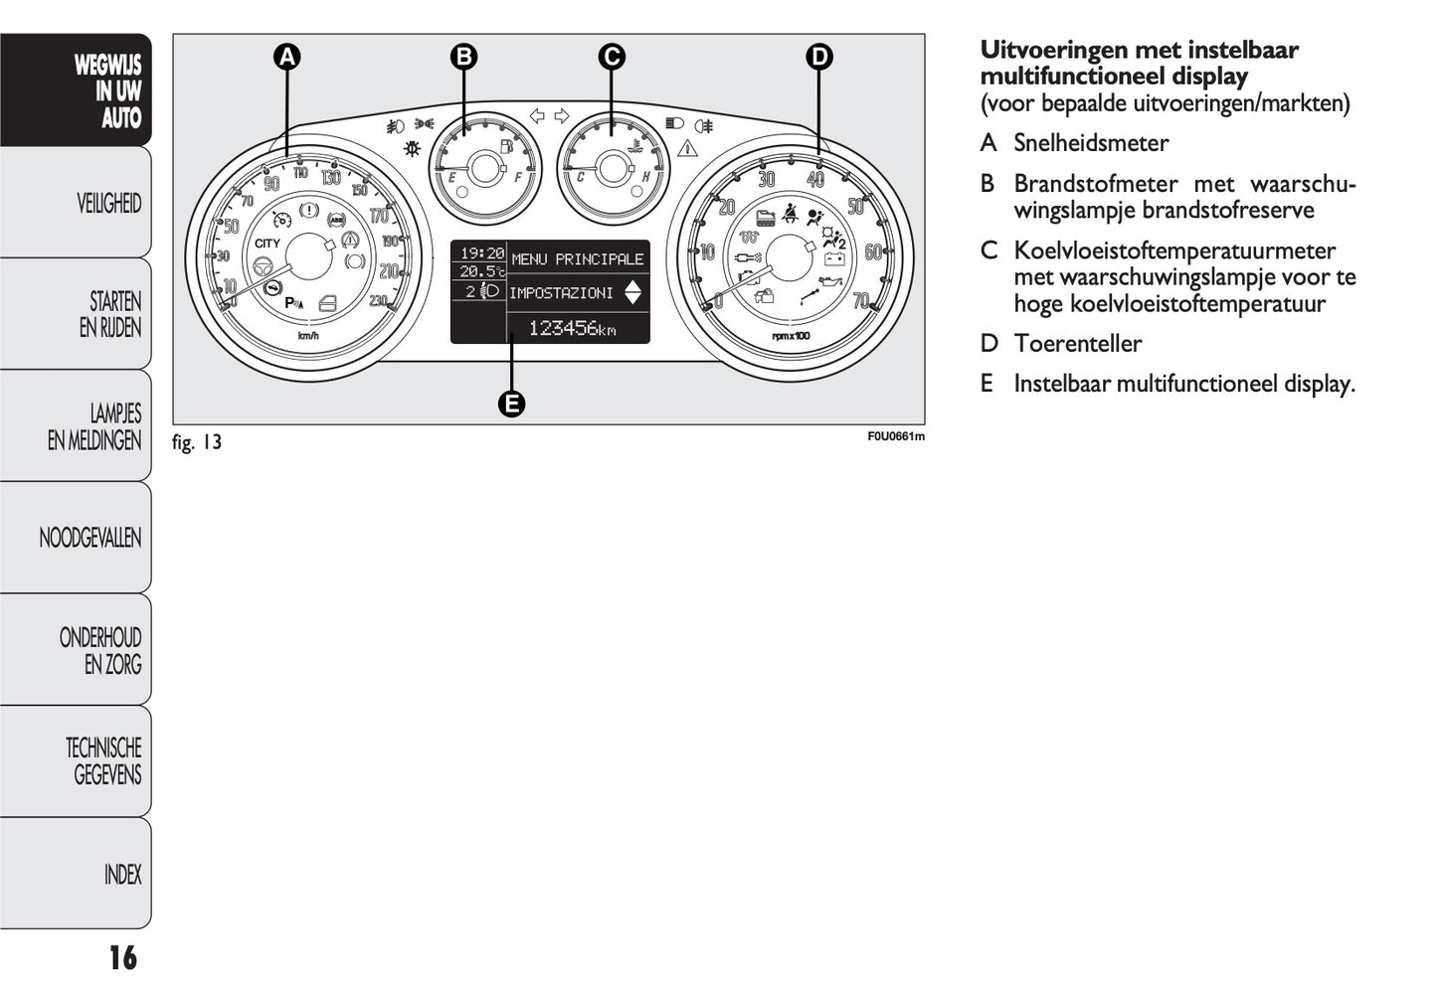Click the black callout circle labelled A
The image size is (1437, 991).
point(286,58)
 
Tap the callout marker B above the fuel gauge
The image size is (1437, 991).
point(463,58)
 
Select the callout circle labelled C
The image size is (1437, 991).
point(612,58)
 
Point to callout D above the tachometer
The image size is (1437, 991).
point(818,58)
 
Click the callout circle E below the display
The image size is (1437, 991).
point(511,404)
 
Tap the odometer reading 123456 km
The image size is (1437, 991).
point(572,328)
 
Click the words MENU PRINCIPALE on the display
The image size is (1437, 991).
point(578,259)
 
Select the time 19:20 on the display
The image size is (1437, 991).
point(481,253)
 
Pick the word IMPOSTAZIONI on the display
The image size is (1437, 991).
point(562,293)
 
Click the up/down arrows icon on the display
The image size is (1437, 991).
point(633,293)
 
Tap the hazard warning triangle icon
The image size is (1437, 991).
point(687,150)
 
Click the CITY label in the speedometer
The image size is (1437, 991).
point(268,244)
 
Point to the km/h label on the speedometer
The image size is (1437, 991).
point(308,336)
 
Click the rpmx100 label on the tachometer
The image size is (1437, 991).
point(791,336)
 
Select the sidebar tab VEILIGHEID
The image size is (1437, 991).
point(109,204)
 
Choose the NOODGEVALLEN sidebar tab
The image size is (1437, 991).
point(90,539)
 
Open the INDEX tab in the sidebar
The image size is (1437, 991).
point(122,875)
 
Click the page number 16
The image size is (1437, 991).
point(122,958)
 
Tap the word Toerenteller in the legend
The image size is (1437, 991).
point(1077,344)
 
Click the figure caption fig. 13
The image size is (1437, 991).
point(197,442)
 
